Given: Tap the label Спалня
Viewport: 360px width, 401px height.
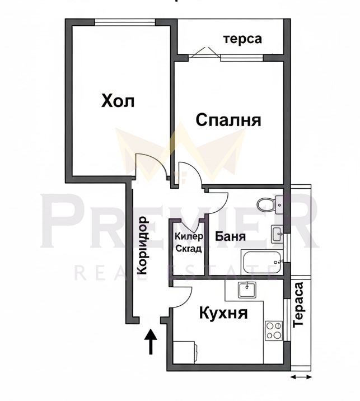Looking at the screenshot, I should coord(228,120).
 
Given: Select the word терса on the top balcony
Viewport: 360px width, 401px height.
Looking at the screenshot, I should coord(242,39).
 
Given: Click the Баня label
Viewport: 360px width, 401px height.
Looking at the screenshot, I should coord(230,236).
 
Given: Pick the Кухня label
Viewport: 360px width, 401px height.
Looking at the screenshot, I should coord(223,314).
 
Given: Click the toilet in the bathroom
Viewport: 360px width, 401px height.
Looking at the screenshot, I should coord(268,204).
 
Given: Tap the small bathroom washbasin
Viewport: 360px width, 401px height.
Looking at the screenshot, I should coord(276,234).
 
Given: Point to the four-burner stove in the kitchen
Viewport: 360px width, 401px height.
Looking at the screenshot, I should coord(274,330).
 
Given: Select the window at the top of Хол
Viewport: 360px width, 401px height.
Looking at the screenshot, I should coord(124,22).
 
